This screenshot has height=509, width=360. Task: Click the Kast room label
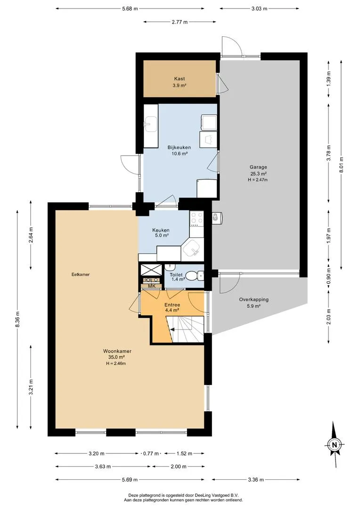pyautogui.click(x=180, y=79)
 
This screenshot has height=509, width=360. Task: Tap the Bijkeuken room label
pyautogui.click(x=179, y=148)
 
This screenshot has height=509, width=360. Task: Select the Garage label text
pyautogui.click(x=259, y=167)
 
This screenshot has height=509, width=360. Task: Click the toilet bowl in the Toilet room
pyautogui.click(x=195, y=276)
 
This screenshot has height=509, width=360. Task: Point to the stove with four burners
pyautogui.click(x=196, y=219)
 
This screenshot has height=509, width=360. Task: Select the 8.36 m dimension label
pyautogui.click(x=17, y=320)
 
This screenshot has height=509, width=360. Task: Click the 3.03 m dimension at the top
pyautogui.click(x=259, y=9)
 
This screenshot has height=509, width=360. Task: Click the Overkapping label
pyautogui.click(x=254, y=300)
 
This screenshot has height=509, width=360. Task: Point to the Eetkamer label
pyautogui.click(x=81, y=274)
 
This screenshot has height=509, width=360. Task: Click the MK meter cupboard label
pyautogui.click(x=152, y=286)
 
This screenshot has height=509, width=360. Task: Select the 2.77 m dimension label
pyautogui.click(x=180, y=22)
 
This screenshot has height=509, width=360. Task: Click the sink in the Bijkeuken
pyautogui.click(x=151, y=124)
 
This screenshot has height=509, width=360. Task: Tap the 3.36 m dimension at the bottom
pyautogui.click(x=256, y=479)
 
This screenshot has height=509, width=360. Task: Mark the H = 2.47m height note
pyautogui.click(x=258, y=180)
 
